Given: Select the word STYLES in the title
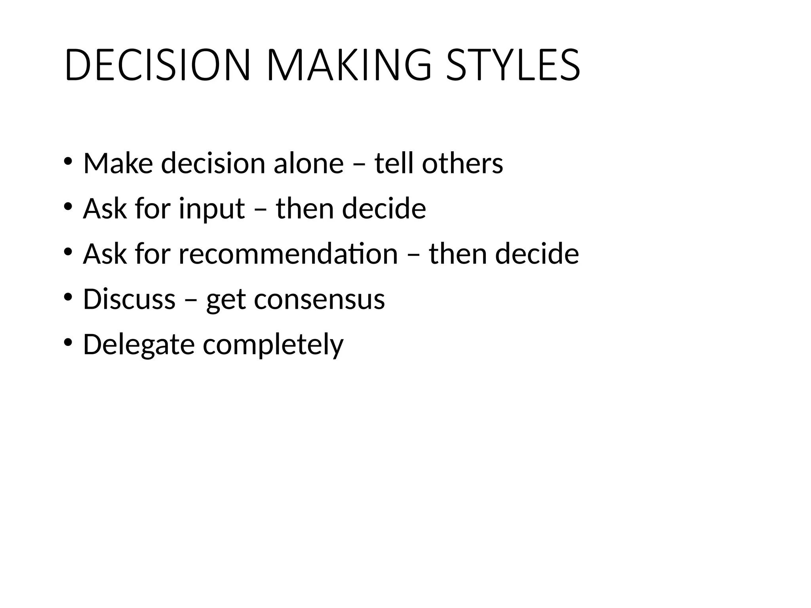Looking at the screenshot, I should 513,65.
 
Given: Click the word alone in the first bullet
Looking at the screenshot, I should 308,163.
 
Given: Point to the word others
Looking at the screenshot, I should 462,163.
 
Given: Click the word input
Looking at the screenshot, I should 211,209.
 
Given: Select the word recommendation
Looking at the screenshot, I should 288,254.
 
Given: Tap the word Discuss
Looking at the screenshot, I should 129,299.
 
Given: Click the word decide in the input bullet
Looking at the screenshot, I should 384,208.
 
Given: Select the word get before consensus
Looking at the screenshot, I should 226,300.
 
